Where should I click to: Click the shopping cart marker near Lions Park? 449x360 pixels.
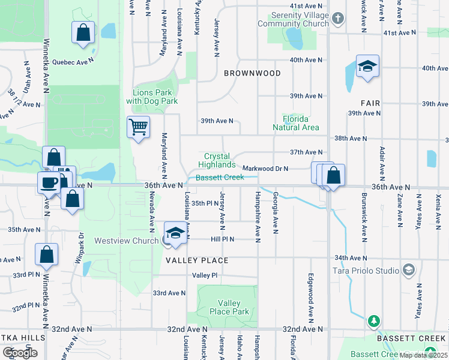pyautogui.click(x=139, y=127)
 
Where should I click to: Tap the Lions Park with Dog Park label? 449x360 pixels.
pyautogui.click(x=152, y=97)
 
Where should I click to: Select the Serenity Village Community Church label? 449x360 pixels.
pyautogui.click(x=293, y=19)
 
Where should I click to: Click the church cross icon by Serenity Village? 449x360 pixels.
pyautogui.click(x=338, y=19)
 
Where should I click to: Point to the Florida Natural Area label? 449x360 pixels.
pyautogui.click(x=295, y=123)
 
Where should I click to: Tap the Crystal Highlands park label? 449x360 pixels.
pyautogui.click(x=217, y=160)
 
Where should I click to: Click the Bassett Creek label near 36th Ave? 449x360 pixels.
pyautogui.click(x=219, y=177)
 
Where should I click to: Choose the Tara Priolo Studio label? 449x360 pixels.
pyautogui.click(x=366, y=271)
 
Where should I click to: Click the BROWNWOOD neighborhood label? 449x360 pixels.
pyautogui.click(x=252, y=73)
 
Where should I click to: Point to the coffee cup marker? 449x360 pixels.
pyautogui.click(x=48, y=182)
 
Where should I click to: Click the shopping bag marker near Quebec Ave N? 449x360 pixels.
pyautogui.click(x=83, y=32)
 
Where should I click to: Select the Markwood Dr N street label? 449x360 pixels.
pyautogui.click(x=265, y=169)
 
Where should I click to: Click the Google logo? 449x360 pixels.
pyautogui.click(x=20, y=353)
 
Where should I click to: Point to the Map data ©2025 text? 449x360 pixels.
pyautogui.click(x=424, y=355)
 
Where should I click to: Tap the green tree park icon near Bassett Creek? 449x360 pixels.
pyautogui.click(x=373, y=322)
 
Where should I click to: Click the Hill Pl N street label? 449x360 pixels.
pyautogui.click(x=221, y=239)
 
